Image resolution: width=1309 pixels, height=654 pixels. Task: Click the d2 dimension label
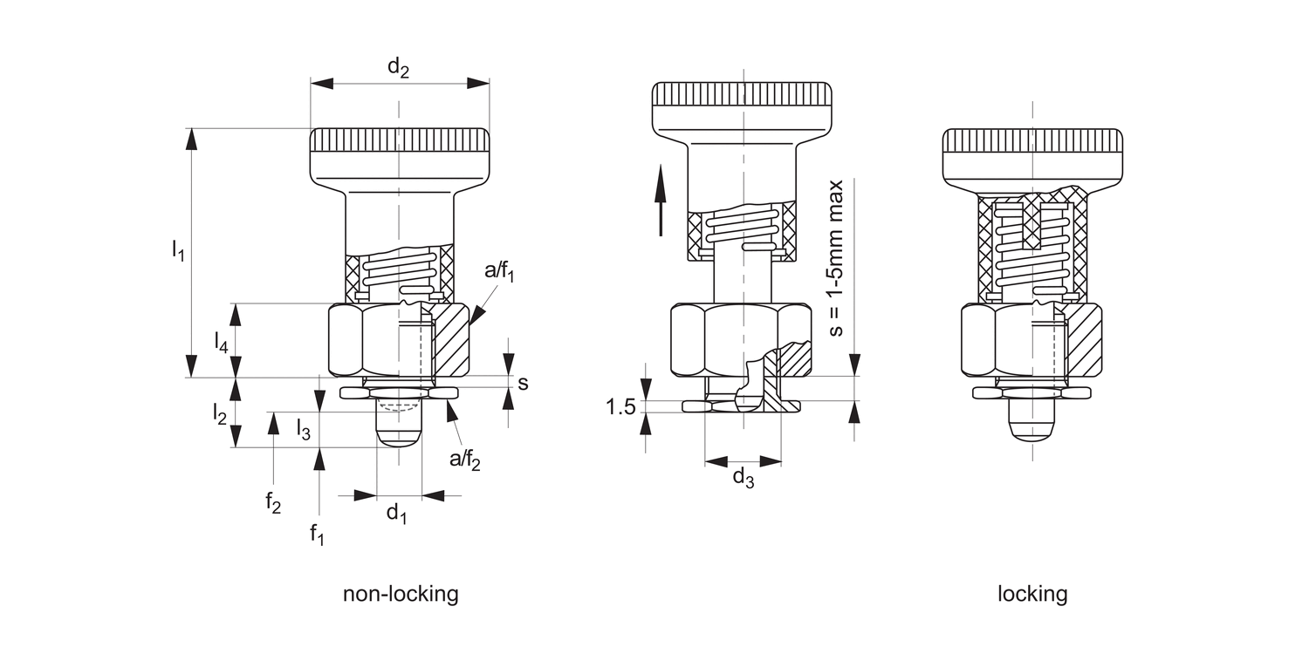pyautogui.click(x=398, y=67)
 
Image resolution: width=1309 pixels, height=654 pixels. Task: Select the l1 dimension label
pyautogui.click(x=178, y=250)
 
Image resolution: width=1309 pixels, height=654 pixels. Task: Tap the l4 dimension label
pyautogui.click(x=220, y=342)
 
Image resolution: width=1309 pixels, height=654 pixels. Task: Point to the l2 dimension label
pyautogui.click(x=219, y=413)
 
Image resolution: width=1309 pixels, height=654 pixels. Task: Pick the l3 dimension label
pyautogui.click(x=303, y=429)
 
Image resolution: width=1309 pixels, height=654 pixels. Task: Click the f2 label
pyautogui.click(x=273, y=502)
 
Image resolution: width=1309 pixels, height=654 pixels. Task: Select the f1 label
pyautogui.click(x=317, y=534)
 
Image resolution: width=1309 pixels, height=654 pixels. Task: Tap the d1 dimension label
pyautogui.click(x=397, y=514)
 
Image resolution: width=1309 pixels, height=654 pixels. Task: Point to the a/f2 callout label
pyautogui.click(x=464, y=460)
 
